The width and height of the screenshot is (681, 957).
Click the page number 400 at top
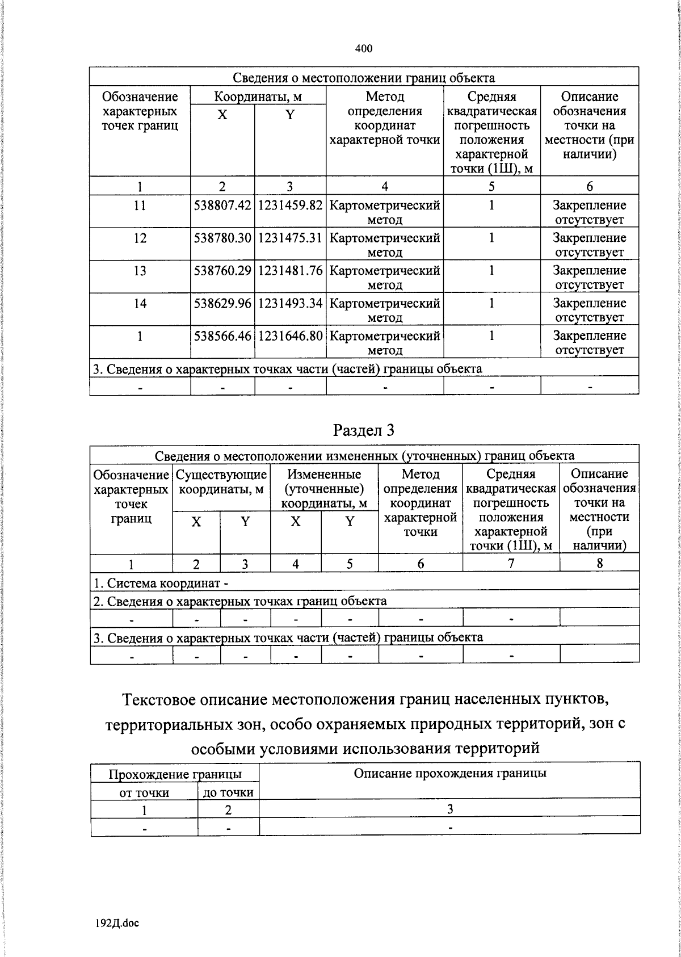coord(364,49)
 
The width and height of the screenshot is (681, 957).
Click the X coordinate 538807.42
coord(222,205)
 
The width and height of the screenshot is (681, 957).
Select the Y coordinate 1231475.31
coord(290,238)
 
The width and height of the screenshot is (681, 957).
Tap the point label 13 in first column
coord(140,271)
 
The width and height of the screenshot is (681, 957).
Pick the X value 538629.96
coord(222,303)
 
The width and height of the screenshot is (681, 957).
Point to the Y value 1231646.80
coord(290,336)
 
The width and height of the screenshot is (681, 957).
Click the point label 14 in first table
coord(140,303)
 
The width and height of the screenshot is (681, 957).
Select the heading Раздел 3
coord(364,430)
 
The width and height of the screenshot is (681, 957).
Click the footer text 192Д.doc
coord(117,923)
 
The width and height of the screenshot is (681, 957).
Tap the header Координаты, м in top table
coord(258,96)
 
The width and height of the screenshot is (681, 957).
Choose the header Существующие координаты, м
coord(221,481)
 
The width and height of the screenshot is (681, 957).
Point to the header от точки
coord(144,792)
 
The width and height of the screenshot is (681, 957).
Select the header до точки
coord(228,792)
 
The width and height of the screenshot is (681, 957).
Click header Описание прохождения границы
coord(449,773)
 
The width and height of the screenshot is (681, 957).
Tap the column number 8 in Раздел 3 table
coord(599,563)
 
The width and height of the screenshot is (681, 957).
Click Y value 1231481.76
coord(290,271)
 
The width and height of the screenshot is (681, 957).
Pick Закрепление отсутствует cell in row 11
coord(589,212)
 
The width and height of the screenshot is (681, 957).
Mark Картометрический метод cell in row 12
coord(385,245)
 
